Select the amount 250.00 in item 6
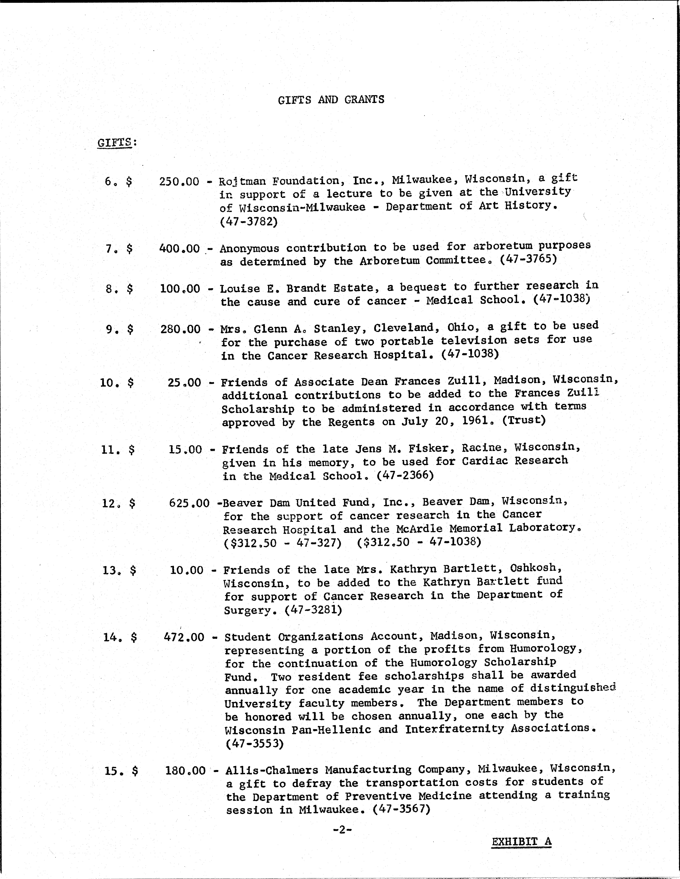point(179,182)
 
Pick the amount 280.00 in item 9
point(180,329)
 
